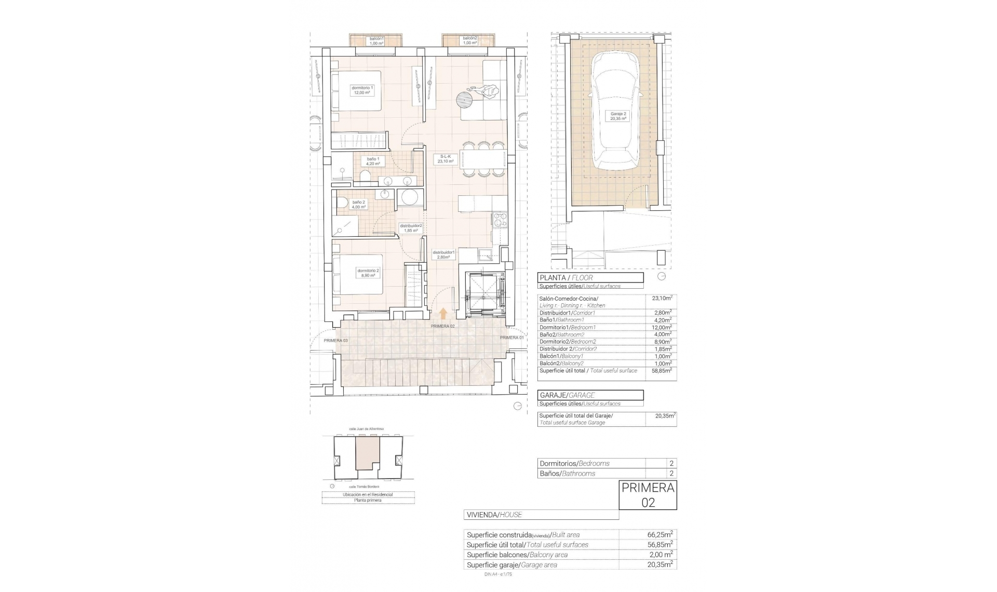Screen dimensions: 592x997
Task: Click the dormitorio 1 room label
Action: [362, 90]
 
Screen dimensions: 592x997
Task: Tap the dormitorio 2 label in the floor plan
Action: [368, 273]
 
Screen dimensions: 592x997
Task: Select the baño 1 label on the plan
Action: [373, 161]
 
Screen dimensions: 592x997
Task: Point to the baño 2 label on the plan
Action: [359, 205]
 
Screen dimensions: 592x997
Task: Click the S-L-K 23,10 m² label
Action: [446, 159]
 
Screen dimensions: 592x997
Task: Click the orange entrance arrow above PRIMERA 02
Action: [443, 313]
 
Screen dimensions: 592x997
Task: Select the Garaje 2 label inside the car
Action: [618, 116]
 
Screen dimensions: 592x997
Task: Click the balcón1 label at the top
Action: [376, 41]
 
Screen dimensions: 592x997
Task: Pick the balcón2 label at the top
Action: [470, 41]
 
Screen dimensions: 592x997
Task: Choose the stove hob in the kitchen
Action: [500, 220]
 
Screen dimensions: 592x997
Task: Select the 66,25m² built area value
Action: [661, 534]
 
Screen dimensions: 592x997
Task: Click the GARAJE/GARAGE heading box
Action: [590, 395]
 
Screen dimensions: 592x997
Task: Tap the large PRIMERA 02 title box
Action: [648, 495]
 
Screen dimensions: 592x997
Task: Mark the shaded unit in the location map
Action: [367, 452]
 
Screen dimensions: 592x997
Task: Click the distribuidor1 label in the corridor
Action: [443, 254]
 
